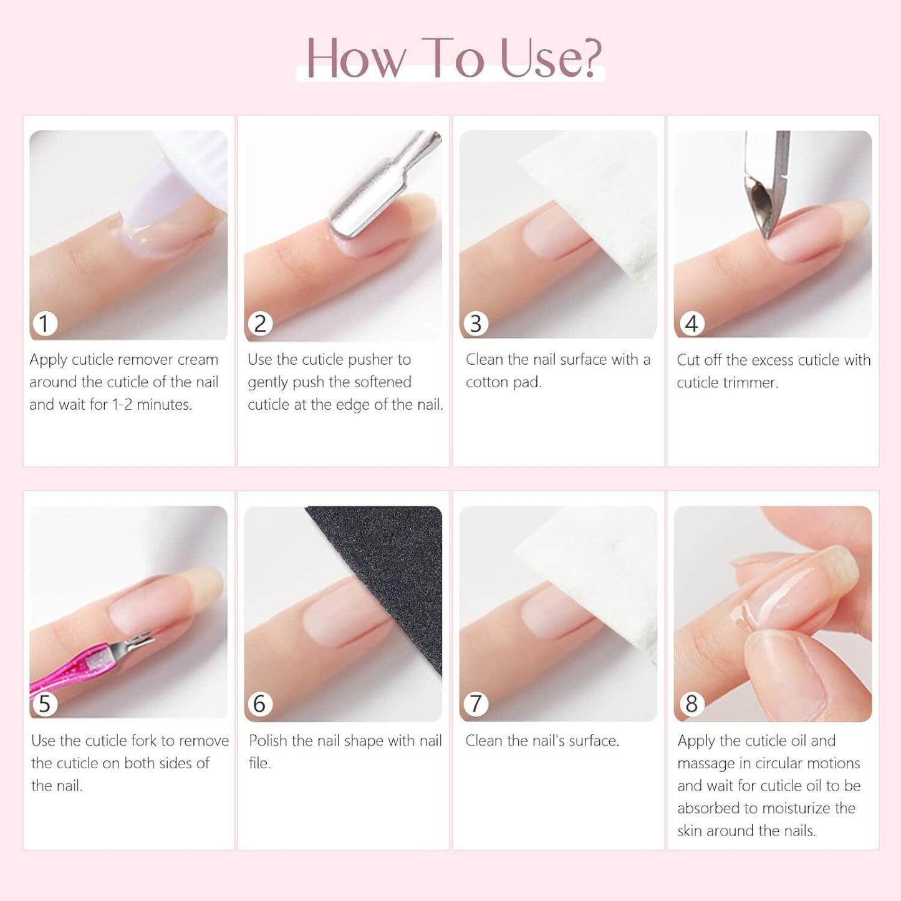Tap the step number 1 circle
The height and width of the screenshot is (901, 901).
[44, 324]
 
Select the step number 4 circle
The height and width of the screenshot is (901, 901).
[691, 324]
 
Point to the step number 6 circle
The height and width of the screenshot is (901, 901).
[259, 704]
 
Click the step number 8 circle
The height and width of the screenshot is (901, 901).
[691, 704]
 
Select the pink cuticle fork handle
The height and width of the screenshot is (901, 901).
[69, 677]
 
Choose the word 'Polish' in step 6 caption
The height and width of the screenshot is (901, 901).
[268, 741]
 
